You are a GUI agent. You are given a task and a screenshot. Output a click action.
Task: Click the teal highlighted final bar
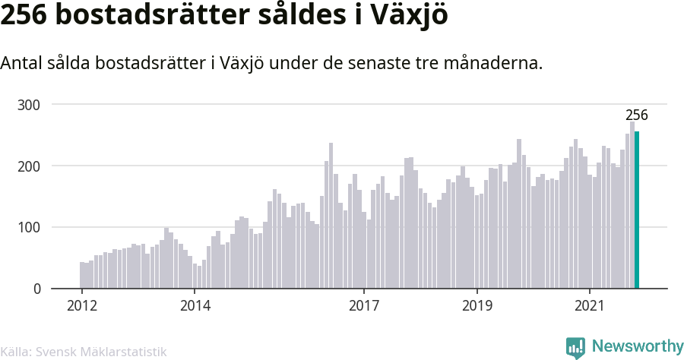tap(637, 210)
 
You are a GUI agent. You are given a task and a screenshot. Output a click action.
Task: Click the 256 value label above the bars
tap(637, 115)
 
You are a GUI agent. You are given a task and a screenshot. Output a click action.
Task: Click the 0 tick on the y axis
tap(37, 289)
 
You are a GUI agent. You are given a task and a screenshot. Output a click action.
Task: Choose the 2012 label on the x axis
tap(81, 305)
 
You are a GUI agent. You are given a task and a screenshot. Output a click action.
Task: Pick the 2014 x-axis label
tap(195, 305)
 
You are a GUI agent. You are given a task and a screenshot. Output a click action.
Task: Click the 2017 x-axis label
tap(364, 305)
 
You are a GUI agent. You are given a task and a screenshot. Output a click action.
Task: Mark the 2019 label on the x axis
tap(477, 305)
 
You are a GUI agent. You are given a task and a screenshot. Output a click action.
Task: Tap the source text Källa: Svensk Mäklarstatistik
tap(84, 352)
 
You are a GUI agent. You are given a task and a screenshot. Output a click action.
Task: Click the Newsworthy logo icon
tap(575, 348)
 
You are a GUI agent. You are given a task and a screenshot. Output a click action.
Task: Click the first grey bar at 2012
tap(82, 276)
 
